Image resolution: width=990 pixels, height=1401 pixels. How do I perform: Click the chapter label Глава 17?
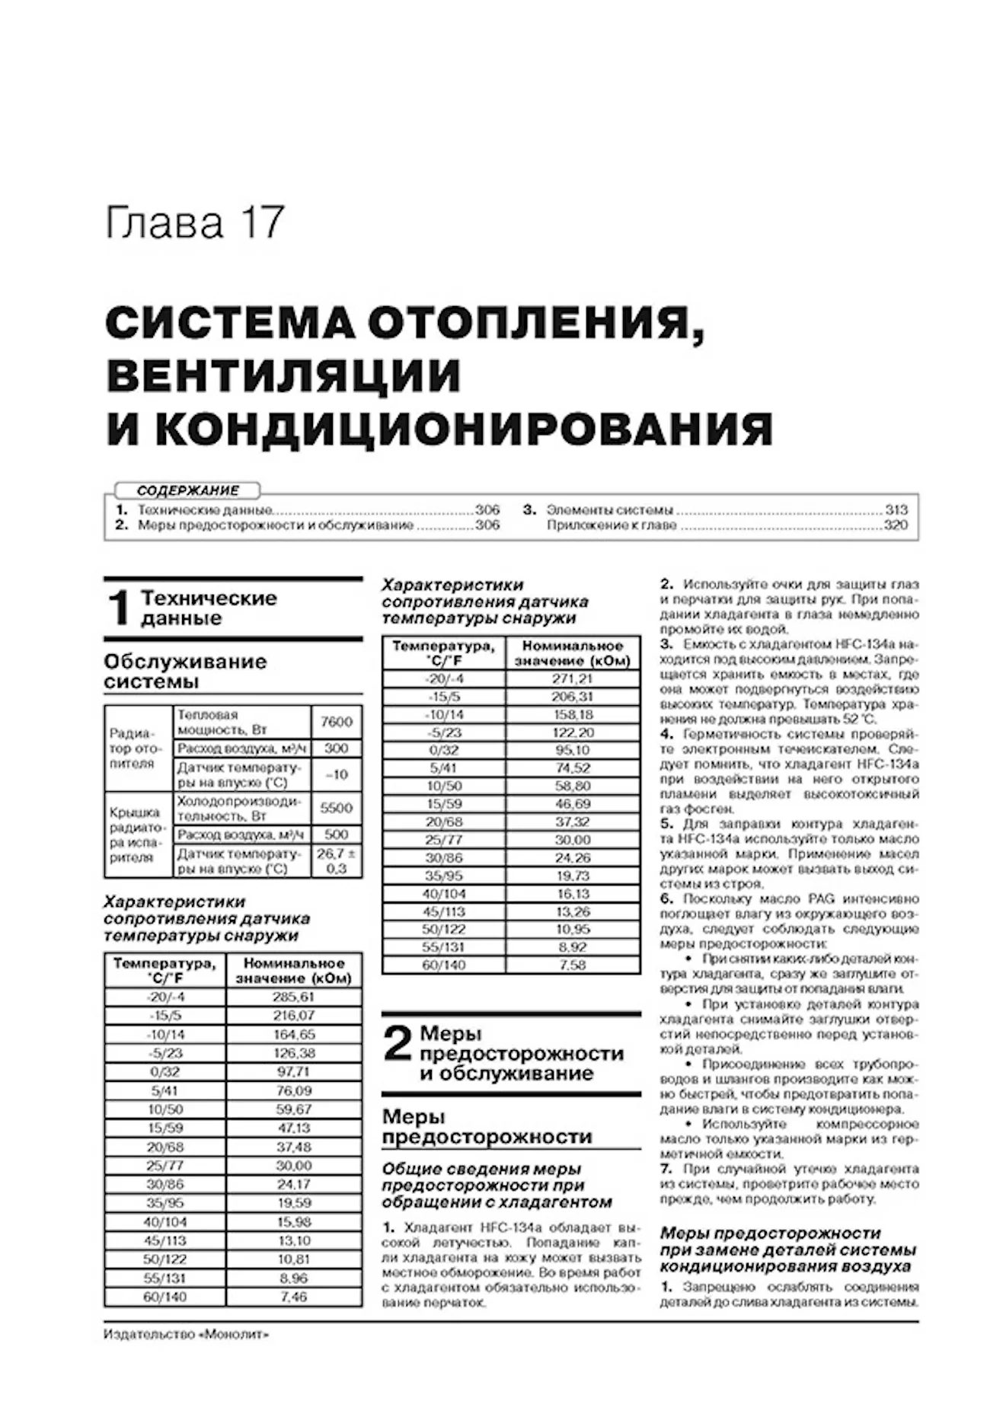click(195, 223)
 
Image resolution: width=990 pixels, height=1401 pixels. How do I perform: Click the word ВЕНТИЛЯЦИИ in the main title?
click(283, 376)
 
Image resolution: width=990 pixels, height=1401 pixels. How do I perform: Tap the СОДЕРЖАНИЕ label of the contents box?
click(187, 490)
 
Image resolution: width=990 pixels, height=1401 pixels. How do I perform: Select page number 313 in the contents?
click(896, 509)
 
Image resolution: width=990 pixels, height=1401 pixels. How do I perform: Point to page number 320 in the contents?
click(896, 525)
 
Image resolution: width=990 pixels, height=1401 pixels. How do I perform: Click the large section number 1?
click(119, 608)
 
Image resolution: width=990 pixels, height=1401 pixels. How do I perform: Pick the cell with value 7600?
click(336, 721)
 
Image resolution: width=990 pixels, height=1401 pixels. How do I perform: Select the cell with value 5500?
click(336, 808)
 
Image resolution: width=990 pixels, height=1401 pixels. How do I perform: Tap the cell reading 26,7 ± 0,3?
click(336, 861)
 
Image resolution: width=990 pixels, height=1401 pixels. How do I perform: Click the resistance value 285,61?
click(293, 997)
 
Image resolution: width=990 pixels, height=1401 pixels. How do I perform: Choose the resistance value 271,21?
click(572, 678)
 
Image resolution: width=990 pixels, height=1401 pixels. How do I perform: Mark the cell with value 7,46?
click(293, 1297)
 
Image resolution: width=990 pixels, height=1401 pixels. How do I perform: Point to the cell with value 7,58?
click(572, 965)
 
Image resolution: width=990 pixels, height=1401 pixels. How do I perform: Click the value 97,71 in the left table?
click(293, 1071)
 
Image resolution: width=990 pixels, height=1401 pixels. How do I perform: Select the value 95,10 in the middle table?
click(572, 750)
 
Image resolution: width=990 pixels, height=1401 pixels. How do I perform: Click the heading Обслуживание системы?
click(185, 671)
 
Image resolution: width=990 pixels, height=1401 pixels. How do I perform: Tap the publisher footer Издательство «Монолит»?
click(187, 1334)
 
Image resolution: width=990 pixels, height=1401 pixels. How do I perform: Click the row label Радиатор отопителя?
click(133, 748)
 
